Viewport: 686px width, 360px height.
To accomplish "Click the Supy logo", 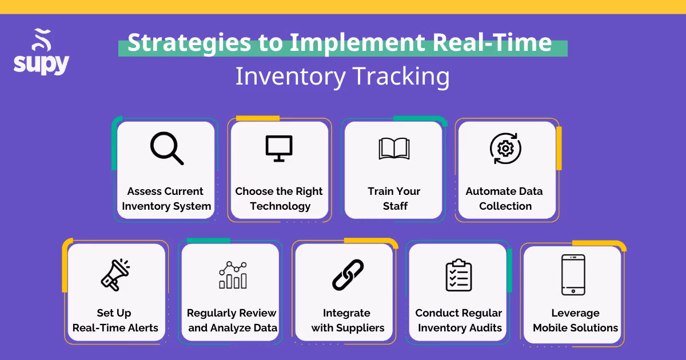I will [x=41, y=53].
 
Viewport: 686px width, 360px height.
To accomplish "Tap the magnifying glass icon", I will [x=166, y=149].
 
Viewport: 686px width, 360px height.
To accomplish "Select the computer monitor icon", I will [x=279, y=148].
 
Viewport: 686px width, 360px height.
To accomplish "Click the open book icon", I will [x=394, y=149].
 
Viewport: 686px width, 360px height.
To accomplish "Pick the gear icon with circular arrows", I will [x=505, y=149].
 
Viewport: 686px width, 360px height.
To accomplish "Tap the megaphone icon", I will [x=115, y=275].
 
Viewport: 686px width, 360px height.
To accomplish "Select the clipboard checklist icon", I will [x=458, y=275].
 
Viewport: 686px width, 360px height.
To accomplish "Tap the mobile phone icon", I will [x=573, y=275].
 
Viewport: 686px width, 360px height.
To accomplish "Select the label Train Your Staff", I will [x=394, y=198].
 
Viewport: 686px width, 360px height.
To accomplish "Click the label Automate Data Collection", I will [x=505, y=198].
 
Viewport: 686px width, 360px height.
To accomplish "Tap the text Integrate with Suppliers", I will [x=347, y=321].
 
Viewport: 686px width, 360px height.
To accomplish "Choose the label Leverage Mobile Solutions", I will [x=575, y=321].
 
